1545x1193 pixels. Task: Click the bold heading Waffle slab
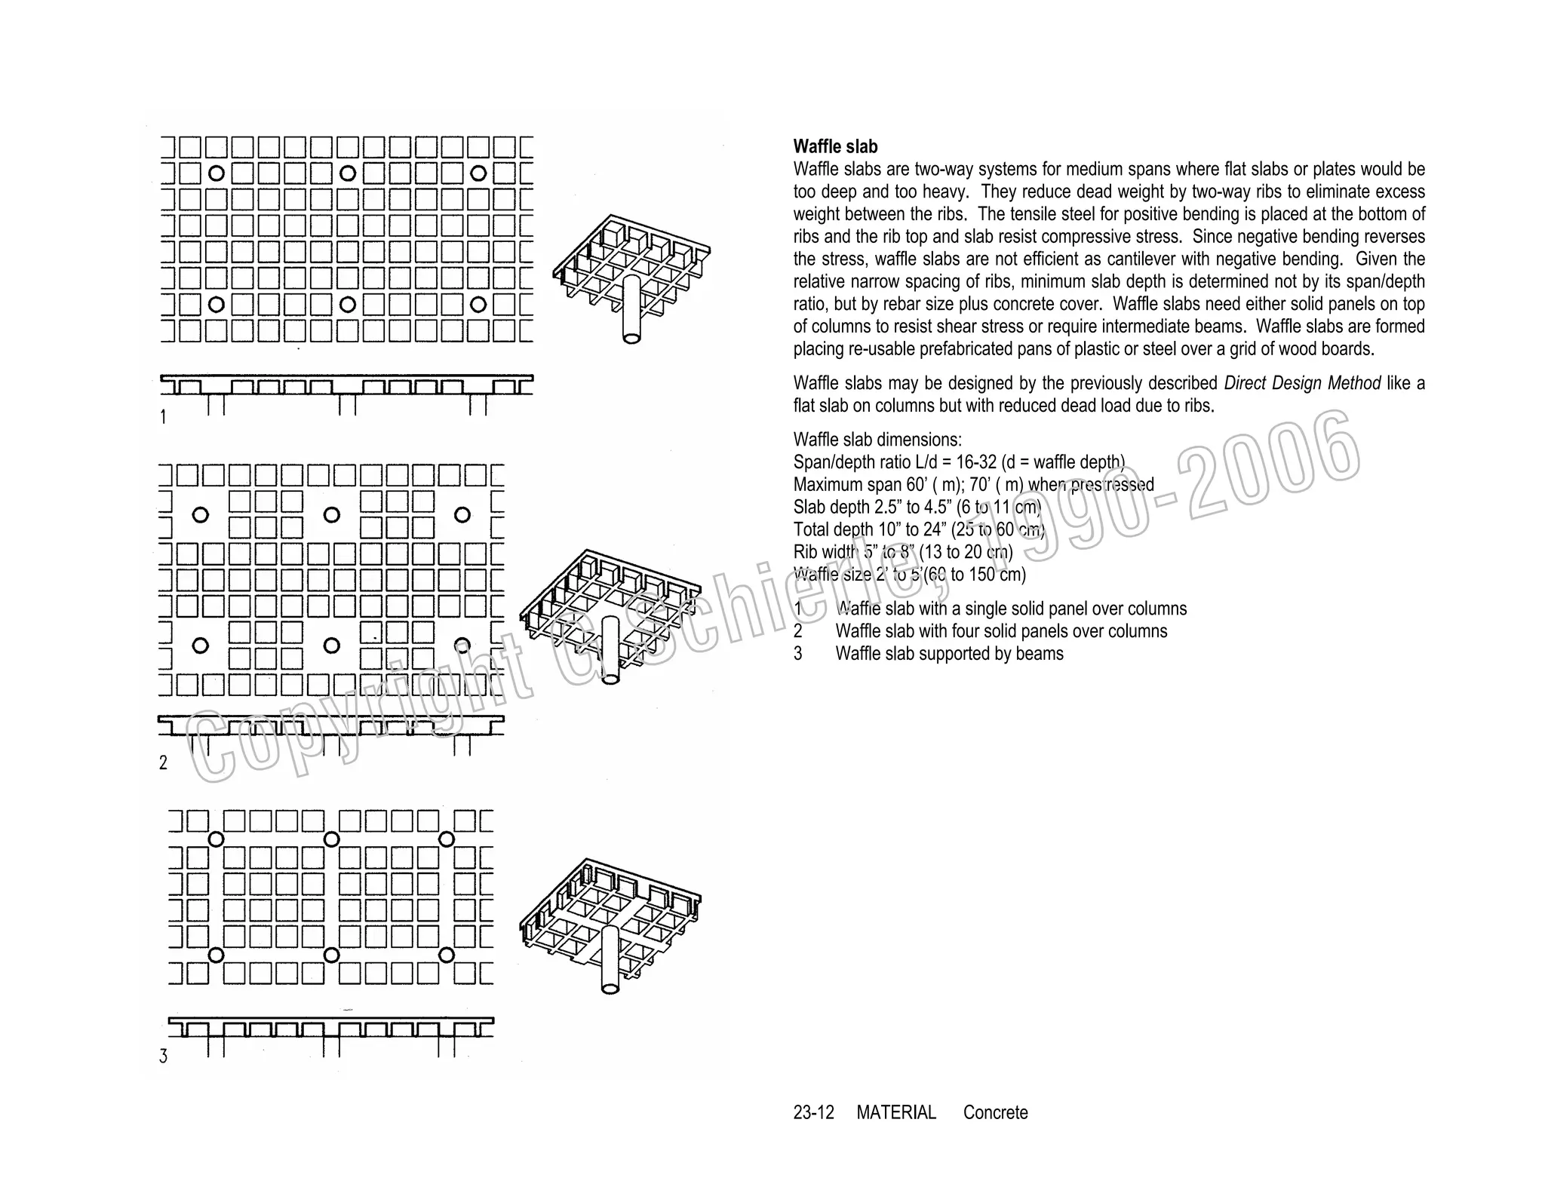[x=835, y=146]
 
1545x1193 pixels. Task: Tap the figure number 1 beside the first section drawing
[x=163, y=416]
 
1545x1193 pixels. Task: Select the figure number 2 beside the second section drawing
[x=163, y=762]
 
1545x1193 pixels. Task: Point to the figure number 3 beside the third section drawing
[x=163, y=1056]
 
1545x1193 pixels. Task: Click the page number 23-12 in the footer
[x=813, y=1112]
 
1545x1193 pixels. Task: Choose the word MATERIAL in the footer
[x=896, y=1112]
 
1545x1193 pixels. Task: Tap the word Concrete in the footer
[x=995, y=1112]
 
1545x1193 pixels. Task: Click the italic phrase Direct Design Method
[x=1302, y=383]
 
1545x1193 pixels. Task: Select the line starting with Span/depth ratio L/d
[x=958, y=462]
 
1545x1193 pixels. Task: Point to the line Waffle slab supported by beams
[x=949, y=654]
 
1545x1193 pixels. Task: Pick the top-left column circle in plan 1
[x=216, y=173]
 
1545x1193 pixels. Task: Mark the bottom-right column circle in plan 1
[x=478, y=305]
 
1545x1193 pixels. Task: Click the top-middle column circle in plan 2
[x=331, y=515]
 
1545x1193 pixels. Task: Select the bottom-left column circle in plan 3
[x=216, y=955]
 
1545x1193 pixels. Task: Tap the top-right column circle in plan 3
[x=447, y=839]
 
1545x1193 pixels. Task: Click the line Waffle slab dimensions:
[x=877, y=440]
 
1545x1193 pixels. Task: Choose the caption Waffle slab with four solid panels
[x=1001, y=631]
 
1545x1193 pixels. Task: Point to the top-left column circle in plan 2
[x=200, y=515]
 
